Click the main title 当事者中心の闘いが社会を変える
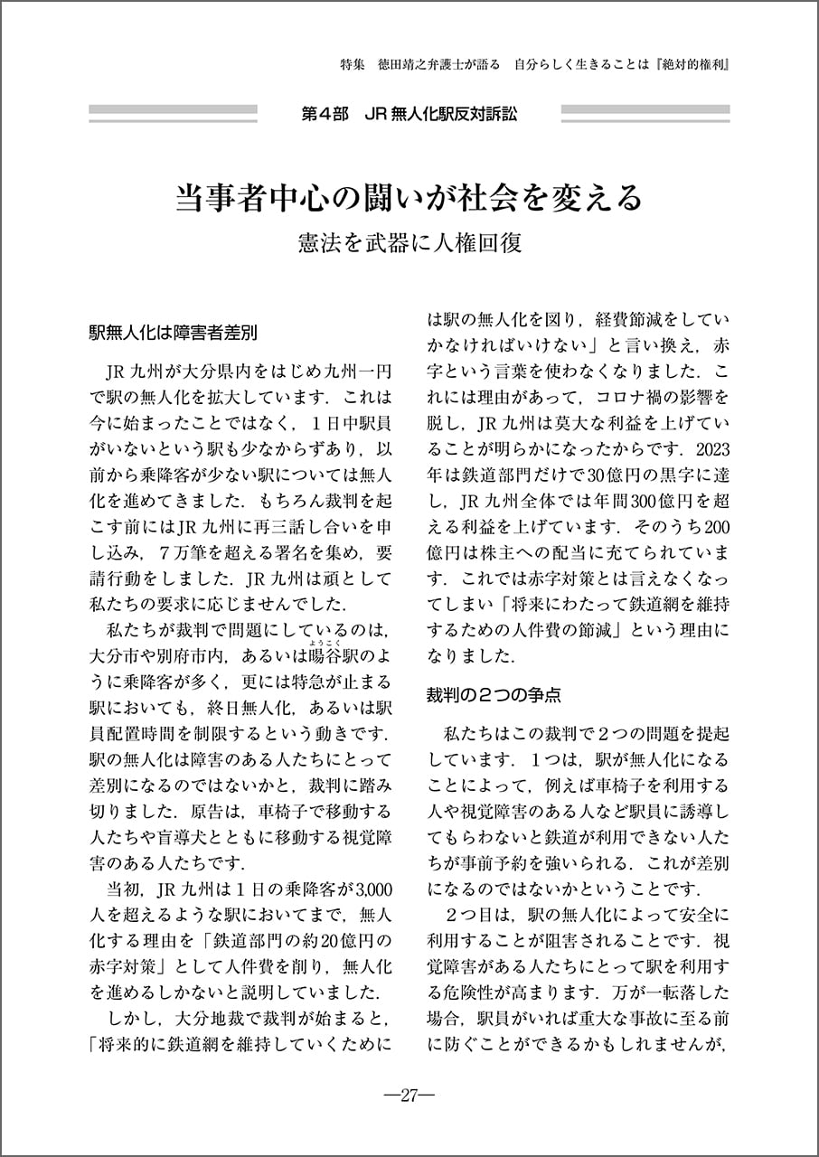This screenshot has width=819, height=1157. [409, 198]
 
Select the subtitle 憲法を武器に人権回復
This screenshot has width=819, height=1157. [409, 244]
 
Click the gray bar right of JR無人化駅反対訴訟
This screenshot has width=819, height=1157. [645, 115]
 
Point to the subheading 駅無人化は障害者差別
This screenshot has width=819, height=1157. [173, 332]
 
